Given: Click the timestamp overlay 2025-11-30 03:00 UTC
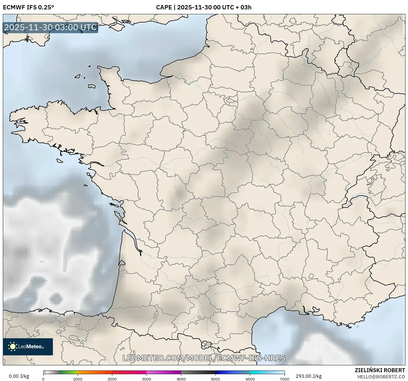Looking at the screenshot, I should coord(50,27).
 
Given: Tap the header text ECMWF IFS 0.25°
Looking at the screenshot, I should coord(28,7).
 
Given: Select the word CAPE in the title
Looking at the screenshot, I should coord(164,7).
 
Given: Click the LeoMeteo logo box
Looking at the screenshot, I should coord(28,347).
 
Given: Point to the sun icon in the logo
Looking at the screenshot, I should coord(13,347).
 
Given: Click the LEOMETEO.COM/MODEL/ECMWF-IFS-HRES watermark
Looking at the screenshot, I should coord(204,358).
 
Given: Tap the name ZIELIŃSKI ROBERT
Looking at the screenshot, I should coord(380,370).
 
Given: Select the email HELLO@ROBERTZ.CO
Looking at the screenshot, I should coord(381,377).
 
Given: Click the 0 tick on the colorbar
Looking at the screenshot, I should coord(43,379).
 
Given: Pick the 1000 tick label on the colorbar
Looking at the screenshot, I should coord(78,379).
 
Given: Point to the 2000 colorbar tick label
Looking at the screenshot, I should coord(112,379).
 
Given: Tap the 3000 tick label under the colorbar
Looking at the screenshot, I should coord(146,379).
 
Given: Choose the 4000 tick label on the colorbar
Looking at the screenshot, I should coord(181,379).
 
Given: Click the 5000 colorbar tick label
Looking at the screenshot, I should coord(216,379).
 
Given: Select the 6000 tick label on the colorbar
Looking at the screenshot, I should coord(250,379).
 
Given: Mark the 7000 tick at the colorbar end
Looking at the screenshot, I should coord(284,379).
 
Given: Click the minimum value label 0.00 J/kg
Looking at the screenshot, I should coord(19,376).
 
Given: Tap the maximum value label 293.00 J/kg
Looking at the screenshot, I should coord(308,376).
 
